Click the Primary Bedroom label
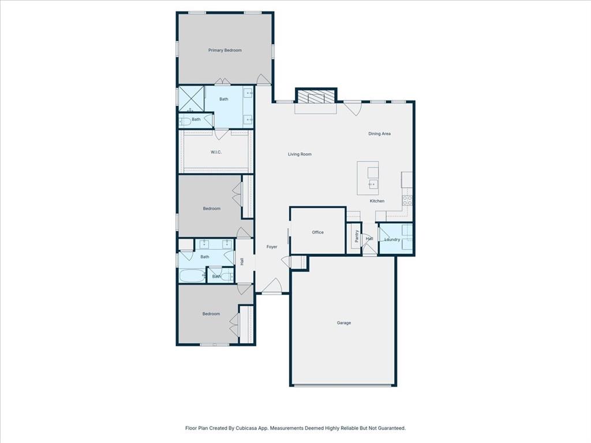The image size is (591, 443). coord(225,50)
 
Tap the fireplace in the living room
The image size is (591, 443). coord(316,98)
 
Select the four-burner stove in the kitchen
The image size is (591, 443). coord(407,201)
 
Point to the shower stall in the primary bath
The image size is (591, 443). coord(190,99)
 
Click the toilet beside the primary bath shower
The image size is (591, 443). coord(185,121)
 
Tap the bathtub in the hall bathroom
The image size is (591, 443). coord(192,276)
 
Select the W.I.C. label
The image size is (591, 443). coord(216,152)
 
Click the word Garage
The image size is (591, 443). coord(344,323)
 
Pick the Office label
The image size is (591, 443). coord(318,232)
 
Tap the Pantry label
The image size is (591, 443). coord(357,236)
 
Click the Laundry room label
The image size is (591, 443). coord(392,239)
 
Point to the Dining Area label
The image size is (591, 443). coord(380,134)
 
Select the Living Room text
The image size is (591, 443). coord(300,154)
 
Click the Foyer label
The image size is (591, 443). coord(272,247)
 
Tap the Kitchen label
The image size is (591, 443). coord(377,201)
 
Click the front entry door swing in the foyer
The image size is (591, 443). coord(274,286)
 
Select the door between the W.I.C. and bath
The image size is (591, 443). coord(222,134)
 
